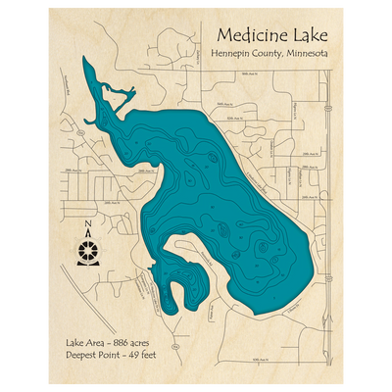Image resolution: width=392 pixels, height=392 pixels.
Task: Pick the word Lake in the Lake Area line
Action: point(74,342)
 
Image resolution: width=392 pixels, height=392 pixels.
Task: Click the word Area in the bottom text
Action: point(97,342)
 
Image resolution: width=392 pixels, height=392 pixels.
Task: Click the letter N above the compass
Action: point(88,231)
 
